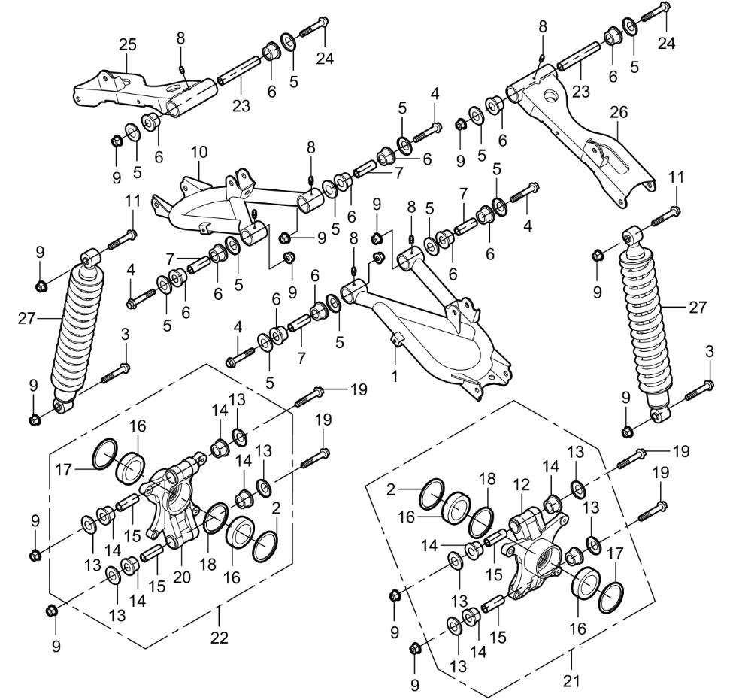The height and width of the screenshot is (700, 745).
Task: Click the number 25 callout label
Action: [x=128, y=45]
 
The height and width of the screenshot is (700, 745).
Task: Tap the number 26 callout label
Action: [x=618, y=114]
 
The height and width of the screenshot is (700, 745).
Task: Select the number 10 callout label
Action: [x=198, y=152]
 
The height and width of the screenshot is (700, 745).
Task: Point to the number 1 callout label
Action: [x=394, y=374]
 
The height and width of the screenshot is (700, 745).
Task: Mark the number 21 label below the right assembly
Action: [x=572, y=681]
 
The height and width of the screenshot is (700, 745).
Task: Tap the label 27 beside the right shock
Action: [x=698, y=307]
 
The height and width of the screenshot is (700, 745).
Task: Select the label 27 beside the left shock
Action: [x=27, y=319]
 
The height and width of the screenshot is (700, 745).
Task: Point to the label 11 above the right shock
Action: [x=677, y=177]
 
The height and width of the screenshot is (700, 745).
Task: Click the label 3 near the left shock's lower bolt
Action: [x=126, y=333]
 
